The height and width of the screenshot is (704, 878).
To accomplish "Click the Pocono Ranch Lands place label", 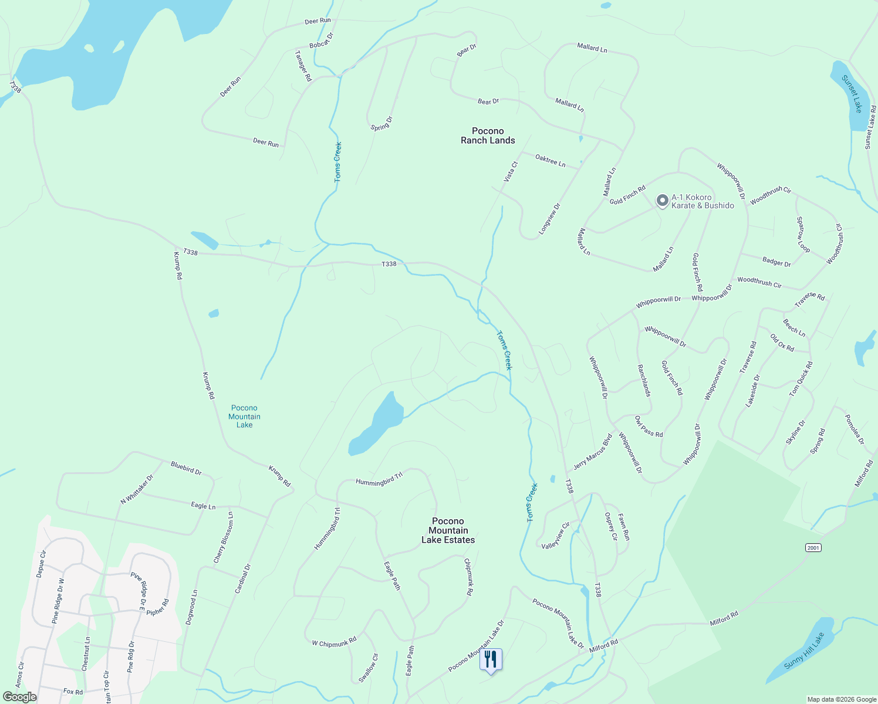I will point(488,136).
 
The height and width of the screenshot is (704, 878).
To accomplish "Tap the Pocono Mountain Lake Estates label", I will point(448,530).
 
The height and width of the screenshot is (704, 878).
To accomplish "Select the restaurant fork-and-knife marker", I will point(491,659).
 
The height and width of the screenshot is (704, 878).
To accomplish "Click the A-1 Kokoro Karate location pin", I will point(662,201).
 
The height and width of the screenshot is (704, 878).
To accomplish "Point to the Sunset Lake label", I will point(852,94).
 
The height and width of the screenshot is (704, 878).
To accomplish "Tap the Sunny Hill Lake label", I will point(804,651).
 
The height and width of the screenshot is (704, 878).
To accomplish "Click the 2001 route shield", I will point(813,547).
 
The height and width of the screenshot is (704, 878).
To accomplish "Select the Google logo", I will point(20,697).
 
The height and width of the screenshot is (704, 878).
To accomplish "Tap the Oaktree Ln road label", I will point(551,160).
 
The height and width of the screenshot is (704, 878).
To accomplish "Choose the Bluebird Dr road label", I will point(186,468).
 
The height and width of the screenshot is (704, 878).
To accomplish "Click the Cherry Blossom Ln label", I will point(224,538).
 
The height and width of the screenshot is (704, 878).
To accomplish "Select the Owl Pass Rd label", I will point(649,427).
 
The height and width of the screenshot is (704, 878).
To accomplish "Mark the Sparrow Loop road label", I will point(803,235).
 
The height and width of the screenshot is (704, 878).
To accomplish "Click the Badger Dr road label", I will point(776,262).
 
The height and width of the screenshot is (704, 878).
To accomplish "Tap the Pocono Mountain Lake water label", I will point(244,417).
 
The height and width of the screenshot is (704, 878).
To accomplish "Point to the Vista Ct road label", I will point(511,171).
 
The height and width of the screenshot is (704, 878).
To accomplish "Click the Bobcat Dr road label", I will point(321,40).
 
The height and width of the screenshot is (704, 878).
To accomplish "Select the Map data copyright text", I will point(840,699).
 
